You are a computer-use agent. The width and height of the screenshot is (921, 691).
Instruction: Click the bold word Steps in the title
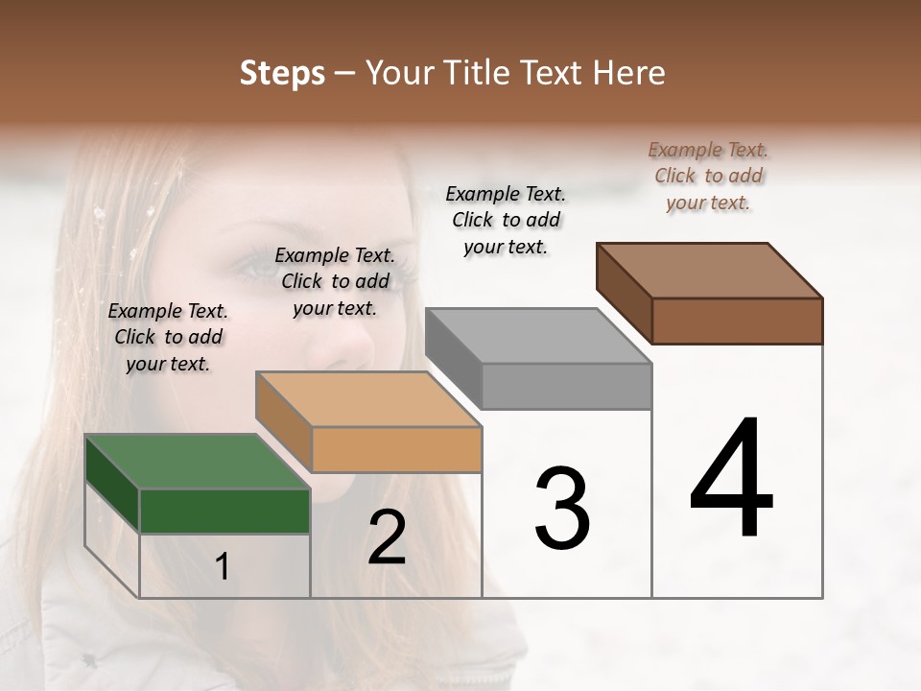pos(282,73)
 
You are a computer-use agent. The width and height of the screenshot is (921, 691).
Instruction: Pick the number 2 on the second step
pos(387,537)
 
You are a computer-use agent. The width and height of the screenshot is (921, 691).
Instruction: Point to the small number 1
pos(223,567)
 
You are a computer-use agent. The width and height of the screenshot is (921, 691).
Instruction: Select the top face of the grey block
pos(538,336)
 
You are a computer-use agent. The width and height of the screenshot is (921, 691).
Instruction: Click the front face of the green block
pos(224,512)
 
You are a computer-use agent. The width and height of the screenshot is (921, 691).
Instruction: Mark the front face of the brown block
pos(737,321)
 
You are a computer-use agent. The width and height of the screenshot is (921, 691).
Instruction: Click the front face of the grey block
pos(566,386)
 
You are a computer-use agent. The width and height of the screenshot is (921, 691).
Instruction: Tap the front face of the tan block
pos(396,449)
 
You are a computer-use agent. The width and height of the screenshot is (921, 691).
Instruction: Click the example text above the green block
pos(168,337)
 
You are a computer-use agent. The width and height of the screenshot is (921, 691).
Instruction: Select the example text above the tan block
pos(335,281)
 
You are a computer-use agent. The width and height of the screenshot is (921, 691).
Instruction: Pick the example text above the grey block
pos(506,220)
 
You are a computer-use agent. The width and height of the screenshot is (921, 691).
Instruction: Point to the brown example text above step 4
pos(708,176)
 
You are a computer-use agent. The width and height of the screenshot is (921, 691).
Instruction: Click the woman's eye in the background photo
pos(260,270)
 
